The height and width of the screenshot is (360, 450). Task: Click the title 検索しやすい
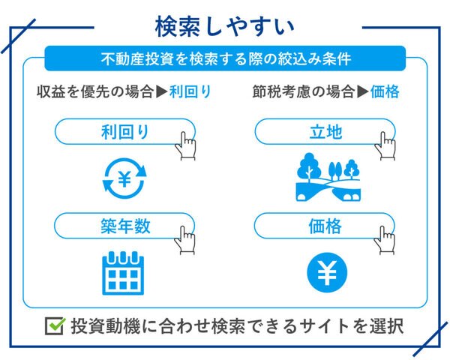(225, 27)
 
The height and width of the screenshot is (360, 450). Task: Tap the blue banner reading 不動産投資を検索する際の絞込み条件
(225, 58)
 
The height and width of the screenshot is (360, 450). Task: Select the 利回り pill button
(124, 131)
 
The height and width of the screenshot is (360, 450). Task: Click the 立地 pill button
(325, 131)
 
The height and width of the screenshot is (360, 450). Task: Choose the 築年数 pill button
(124, 226)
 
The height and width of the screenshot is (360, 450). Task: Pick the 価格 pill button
(325, 226)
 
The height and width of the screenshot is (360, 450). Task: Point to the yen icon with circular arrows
(124, 178)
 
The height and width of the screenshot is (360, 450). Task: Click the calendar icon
(123, 273)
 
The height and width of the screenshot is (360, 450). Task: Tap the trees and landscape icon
(328, 177)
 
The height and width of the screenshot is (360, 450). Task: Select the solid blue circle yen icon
(327, 272)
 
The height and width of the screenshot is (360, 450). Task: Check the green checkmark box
(55, 326)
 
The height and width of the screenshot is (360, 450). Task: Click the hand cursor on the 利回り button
(186, 145)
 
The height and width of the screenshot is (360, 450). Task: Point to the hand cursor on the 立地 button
(385, 145)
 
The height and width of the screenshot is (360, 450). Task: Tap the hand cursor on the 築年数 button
(185, 240)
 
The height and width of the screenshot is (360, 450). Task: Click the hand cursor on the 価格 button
(385, 240)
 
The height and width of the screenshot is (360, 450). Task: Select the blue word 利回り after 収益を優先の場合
(190, 91)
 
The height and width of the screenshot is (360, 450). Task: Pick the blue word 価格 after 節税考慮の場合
(385, 91)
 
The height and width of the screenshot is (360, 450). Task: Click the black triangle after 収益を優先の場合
(161, 91)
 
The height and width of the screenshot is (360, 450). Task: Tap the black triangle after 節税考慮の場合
(363, 91)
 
